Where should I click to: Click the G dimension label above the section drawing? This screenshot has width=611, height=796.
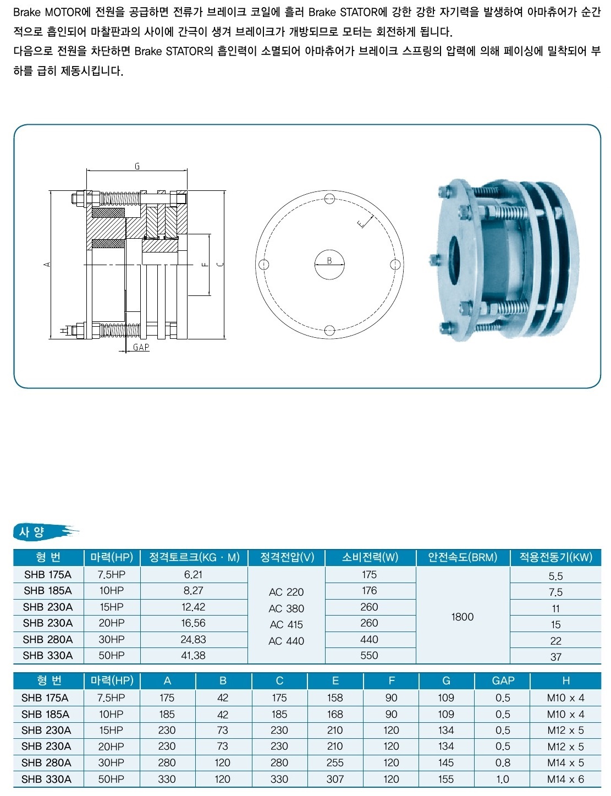pyautogui.click(x=137, y=166)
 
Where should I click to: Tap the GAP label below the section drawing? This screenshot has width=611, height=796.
pyautogui.click(x=141, y=347)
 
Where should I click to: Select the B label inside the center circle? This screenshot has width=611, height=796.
pyautogui.click(x=329, y=260)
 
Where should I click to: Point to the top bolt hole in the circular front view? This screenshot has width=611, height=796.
pyautogui.click(x=329, y=199)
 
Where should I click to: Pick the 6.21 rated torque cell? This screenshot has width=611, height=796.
pyautogui.click(x=193, y=574)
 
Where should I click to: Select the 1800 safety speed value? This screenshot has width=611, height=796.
pyautogui.click(x=463, y=617)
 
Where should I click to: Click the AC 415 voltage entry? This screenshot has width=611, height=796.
pyautogui.click(x=287, y=624)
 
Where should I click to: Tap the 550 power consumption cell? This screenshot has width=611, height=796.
pyautogui.click(x=369, y=655)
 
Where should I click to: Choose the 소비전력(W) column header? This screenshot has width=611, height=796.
pyautogui.click(x=370, y=557)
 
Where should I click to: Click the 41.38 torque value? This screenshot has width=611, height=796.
pyautogui.click(x=193, y=655)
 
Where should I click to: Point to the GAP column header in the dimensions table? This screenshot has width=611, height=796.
pyautogui.click(x=503, y=680)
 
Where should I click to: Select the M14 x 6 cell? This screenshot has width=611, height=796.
pyautogui.click(x=565, y=779)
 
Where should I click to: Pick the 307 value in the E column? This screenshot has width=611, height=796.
pyautogui.click(x=335, y=779)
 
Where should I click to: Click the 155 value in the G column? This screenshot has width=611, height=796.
pyautogui.click(x=446, y=779)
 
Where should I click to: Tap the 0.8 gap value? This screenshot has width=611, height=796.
pyautogui.click(x=503, y=762)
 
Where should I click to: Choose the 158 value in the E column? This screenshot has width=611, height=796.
pyautogui.click(x=335, y=698)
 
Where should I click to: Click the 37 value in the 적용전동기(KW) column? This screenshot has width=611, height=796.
pyautogui.click(x=555, y=657)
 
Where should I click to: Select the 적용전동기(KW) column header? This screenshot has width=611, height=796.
pyautogui.click(x=555, y=557)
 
